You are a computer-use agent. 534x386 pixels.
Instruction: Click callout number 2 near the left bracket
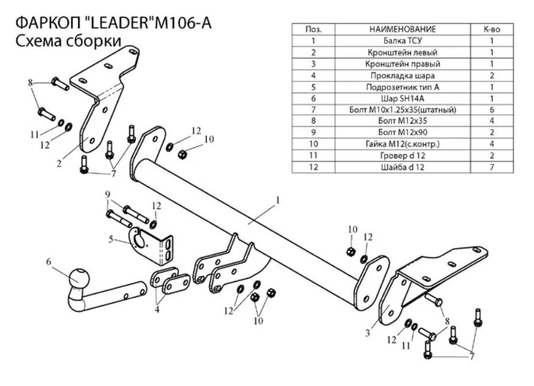click(59, 163)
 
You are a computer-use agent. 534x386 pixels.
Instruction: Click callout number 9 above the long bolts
click(108, 195)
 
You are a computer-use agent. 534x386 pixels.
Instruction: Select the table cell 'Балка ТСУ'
click(402, 41)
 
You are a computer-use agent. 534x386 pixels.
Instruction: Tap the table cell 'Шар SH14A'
click(402, 98)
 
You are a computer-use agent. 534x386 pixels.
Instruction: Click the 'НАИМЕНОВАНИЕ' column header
click(402, 29)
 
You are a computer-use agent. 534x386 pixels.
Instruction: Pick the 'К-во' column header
click(491, 29)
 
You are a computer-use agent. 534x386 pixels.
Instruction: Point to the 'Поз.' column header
click(313, 29)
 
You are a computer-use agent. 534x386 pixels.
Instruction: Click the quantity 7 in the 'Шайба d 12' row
click(491, 167)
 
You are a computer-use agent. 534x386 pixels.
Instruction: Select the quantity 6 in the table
click(491, 110)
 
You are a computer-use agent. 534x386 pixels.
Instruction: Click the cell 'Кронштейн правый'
click(402, 64)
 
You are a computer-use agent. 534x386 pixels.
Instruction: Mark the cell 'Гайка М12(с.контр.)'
click(402, 144)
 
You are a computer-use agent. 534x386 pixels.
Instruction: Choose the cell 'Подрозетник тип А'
click(402, 87)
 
